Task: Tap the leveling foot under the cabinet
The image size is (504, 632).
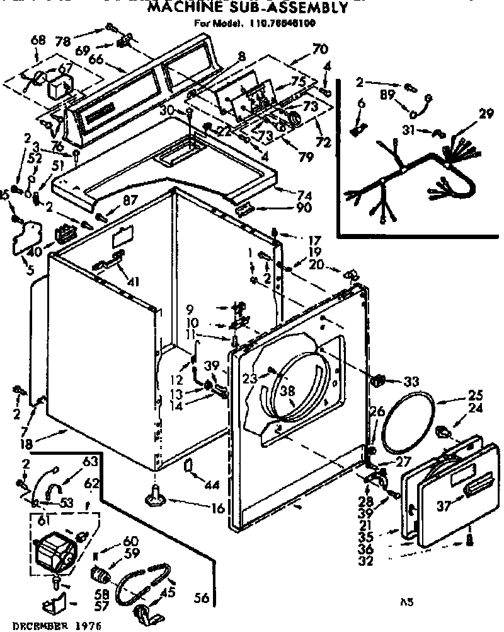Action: click(x=156, y=498)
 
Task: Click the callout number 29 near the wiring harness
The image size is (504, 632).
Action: click(x=486, y=114)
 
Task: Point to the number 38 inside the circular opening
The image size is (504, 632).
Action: click(x=288, y=392)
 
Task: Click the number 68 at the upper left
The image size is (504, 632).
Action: click(x=38, y=41)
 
